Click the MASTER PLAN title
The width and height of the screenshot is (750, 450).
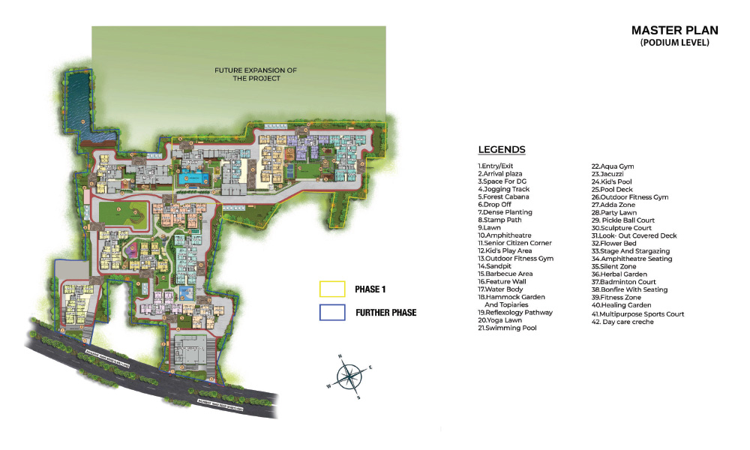pyautogui.click(x=674, y=31)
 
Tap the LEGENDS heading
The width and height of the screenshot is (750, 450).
pyautogui.click(x=502, y=150)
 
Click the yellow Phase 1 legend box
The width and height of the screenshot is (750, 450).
pyautogui.click(x=332, y=289)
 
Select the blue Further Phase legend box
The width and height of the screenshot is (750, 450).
pyautogui.click(x=332, y=312)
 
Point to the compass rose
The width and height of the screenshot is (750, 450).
pyautogui.click(x=349, y=375)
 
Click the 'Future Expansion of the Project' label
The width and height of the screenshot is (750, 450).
pyautogui.click(x=256, y=74)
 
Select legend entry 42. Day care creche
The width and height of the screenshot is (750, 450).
pyautogui.click(x=622, y=322)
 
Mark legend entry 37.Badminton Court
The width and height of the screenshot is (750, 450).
pyautogui.click(x=623, y=282)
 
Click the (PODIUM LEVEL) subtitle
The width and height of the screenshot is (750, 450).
pyautogui.click(x=674, y=43)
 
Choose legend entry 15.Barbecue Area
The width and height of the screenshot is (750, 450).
pyautogui.click(x=505, y=274)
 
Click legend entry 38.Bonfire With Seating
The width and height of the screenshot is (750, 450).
pyautogui.click(x=628, y=289)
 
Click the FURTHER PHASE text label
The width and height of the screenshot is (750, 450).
pyautogui.click(x=385, y=312)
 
